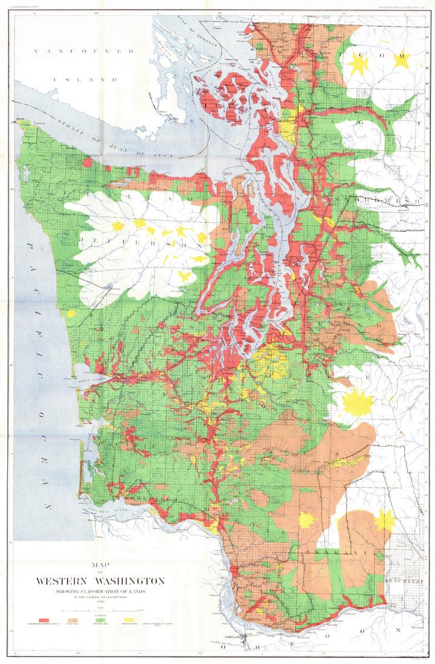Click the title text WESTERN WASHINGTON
pyautogui.click(x=100, y=581)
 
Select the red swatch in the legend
pyautogui.click(x=43, y=620)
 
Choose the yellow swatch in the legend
pyautogui.click(x=129, y=620)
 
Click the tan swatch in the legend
pyautogui.click(x=72, y=620)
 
